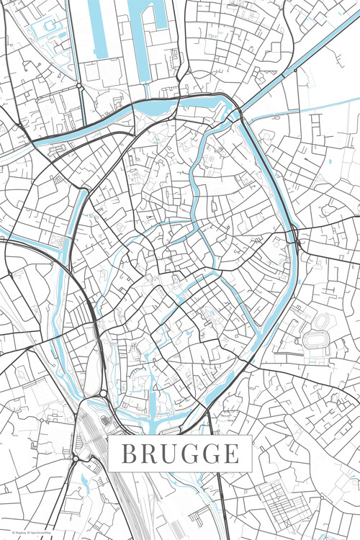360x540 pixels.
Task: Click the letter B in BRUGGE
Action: point(127,454)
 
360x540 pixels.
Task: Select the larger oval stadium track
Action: point(316,339)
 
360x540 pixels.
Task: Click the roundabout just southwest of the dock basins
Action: point(78,85)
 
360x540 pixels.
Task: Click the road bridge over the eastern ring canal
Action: point(294,234)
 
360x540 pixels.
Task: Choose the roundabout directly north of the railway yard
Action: point(103,393)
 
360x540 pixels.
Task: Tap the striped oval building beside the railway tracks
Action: point(106,420)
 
